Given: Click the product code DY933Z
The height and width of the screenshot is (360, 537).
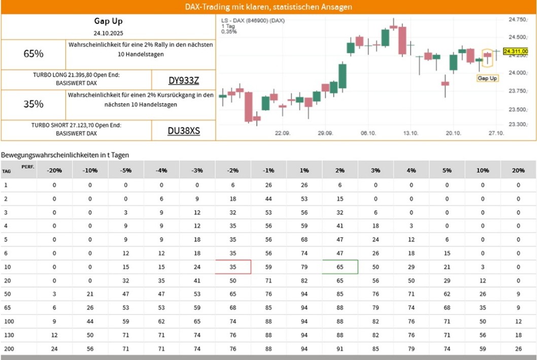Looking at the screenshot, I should click(x=184, y=80).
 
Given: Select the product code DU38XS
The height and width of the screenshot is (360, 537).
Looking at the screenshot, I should click(x=184, y=131).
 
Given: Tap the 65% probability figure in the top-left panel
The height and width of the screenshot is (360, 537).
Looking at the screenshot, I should click(x=33, y=54).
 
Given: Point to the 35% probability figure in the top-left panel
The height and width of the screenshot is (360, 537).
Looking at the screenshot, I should click(x=33, y=104).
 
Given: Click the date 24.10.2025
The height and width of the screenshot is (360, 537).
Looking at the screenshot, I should click(x=108, y=34).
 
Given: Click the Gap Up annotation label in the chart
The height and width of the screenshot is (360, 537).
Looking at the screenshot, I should click(x=487, y=78).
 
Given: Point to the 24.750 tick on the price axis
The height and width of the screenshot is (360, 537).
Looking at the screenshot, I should click(x=518, y=19).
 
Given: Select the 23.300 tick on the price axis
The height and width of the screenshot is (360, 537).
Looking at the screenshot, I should click(x=518, y=124).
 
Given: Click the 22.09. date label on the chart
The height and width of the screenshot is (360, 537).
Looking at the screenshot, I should click(x=282, y=133).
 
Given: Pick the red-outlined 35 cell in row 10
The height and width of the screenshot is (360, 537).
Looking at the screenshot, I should click(x=233, y=267).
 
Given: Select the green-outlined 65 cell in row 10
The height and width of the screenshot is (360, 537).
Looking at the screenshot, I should click(x=340, y=267).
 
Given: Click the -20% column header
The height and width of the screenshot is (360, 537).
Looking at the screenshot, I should click(x=54, y=171).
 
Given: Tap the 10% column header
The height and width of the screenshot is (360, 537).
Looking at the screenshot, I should click(x=482, y=171).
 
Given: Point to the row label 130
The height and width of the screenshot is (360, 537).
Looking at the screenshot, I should click(x=8, y=336).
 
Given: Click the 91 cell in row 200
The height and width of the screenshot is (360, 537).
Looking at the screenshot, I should click(x=340, y=349).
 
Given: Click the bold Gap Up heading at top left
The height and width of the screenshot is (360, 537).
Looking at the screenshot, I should click(x=108, y=21).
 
